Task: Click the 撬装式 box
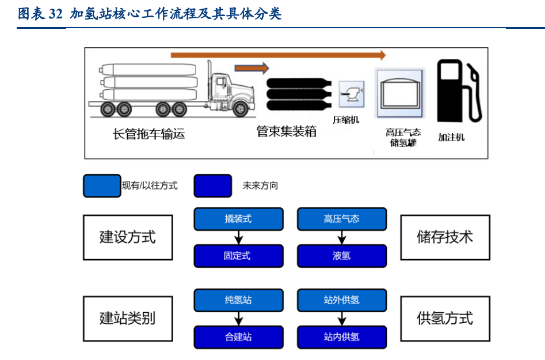238,219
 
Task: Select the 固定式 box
238,256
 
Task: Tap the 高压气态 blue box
342,219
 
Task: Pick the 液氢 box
342,256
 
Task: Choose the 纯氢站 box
238,301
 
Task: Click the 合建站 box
238,337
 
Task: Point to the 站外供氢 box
342,301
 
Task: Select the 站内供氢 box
342,337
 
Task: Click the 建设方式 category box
128,237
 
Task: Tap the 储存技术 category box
445,237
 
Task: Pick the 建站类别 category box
128,319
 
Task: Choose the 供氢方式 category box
445,319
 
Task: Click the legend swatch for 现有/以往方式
102,186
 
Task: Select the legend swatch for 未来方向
213,186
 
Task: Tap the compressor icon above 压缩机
350,94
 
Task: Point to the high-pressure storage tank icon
399,92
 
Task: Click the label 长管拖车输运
148,134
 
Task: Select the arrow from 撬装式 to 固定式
238,237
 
